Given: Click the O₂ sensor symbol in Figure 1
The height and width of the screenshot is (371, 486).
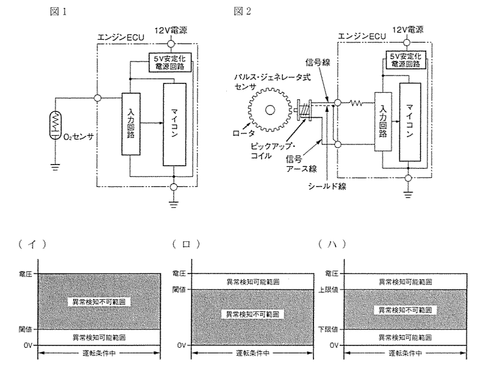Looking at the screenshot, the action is click(x=55, y=125).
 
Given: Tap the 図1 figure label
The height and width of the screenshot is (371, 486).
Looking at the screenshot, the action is click(x=58, y=12).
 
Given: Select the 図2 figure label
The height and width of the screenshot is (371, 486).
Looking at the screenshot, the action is click(x=242, y=12).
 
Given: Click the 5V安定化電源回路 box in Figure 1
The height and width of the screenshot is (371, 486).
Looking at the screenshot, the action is click(x=170, y=62).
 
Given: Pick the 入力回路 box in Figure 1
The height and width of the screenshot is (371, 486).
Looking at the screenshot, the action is click(x=130, y=124).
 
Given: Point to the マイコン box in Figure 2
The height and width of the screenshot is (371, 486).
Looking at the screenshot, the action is click(x=410, y=122).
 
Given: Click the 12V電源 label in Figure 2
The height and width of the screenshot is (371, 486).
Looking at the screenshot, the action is click(x=407, y=30).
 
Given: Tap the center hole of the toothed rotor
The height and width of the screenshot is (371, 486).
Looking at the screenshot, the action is click(x=270, y=110).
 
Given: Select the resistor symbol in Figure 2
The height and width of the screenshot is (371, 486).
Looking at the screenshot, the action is click(x=356, y=102).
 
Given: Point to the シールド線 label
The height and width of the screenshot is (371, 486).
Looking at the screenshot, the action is click(x=327, y=186).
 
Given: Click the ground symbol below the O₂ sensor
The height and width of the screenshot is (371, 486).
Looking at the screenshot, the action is click(x=55, y=168).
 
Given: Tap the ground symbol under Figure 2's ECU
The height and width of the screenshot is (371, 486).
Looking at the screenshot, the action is click(x=408, y=195).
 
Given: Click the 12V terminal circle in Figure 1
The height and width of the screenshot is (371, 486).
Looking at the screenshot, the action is click(x=171, y=44).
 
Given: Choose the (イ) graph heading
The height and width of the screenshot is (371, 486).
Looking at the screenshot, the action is click(x=32, y=245).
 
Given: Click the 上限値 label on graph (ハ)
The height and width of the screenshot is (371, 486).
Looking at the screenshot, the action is click(x=328, y=291).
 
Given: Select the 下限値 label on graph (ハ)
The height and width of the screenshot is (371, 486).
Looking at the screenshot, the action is click(x=328, y=330).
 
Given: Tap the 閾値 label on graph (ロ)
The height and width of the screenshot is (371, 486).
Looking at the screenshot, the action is click(x=179, y=290).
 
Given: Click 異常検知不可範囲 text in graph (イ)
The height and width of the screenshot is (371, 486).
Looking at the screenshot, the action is click(x=99, y=302).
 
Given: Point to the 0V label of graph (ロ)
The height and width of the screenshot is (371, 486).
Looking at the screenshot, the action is click(x=182, y=345).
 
